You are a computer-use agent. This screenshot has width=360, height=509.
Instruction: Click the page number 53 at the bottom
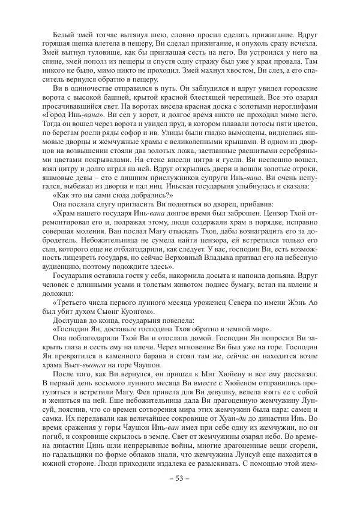point(179,495)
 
